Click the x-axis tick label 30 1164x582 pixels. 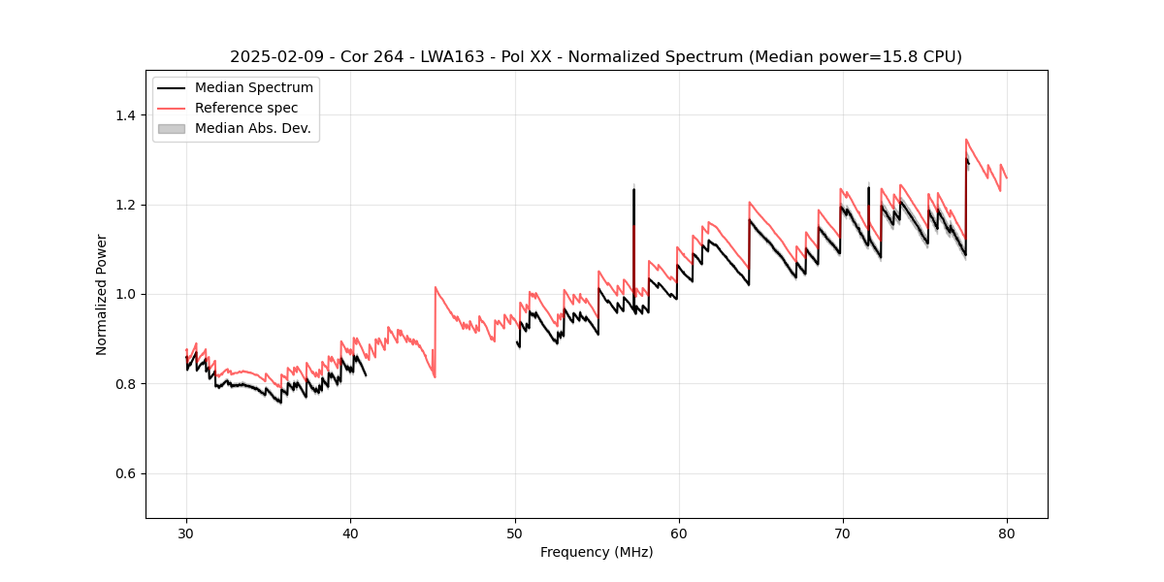186,533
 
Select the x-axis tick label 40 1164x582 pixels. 350,533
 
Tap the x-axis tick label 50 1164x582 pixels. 515,533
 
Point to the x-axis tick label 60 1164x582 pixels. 679,533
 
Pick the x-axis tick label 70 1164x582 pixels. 843,533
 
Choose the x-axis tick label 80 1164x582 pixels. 1007,533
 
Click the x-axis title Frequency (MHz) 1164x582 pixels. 597,552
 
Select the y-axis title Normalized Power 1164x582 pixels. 101,294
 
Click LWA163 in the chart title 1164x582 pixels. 454,57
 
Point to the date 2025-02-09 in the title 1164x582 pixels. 272,57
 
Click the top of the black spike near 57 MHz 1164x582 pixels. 633,189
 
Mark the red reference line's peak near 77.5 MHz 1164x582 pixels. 966,140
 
